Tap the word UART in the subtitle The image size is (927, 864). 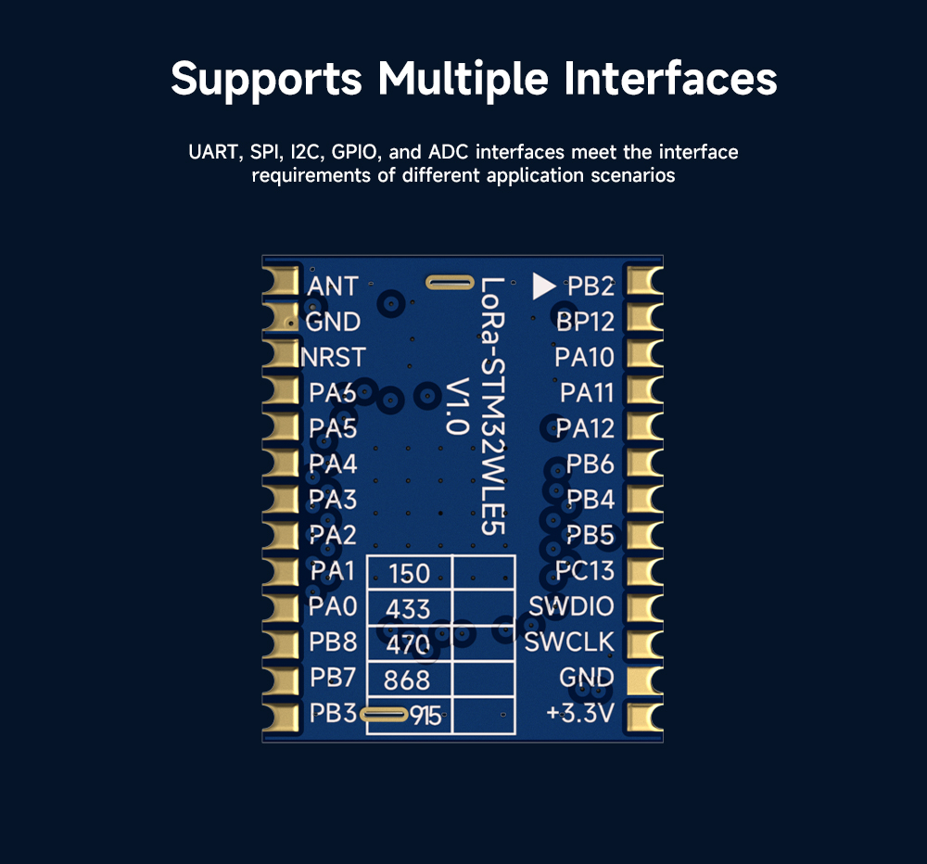(213, 152)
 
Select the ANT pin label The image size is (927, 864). (332, 286)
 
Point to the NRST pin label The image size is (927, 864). (333, 357)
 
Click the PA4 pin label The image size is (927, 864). (333, 464)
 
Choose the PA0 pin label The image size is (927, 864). (333, 607)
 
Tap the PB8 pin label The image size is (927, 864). (333, 642)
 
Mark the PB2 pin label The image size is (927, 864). (590, 286)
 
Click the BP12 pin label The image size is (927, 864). (585, 322)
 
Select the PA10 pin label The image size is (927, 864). (584, 357)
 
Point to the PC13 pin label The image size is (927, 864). (585, 570)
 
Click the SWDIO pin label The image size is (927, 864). (571, 606)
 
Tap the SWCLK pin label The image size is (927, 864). (569, 642)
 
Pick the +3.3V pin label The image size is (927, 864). (580, 714)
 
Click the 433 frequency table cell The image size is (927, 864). (409, 608)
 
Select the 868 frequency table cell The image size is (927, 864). (409, 680)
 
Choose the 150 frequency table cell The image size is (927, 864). (409, 573)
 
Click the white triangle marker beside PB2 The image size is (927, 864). (543, 286)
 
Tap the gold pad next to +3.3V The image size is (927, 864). (646, 716)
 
